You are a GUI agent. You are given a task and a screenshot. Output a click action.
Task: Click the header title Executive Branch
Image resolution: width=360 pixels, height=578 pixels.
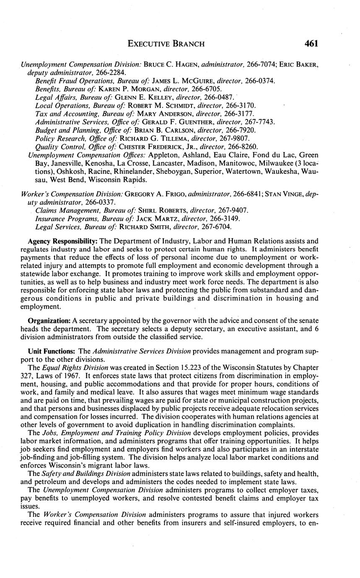[166, 44]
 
